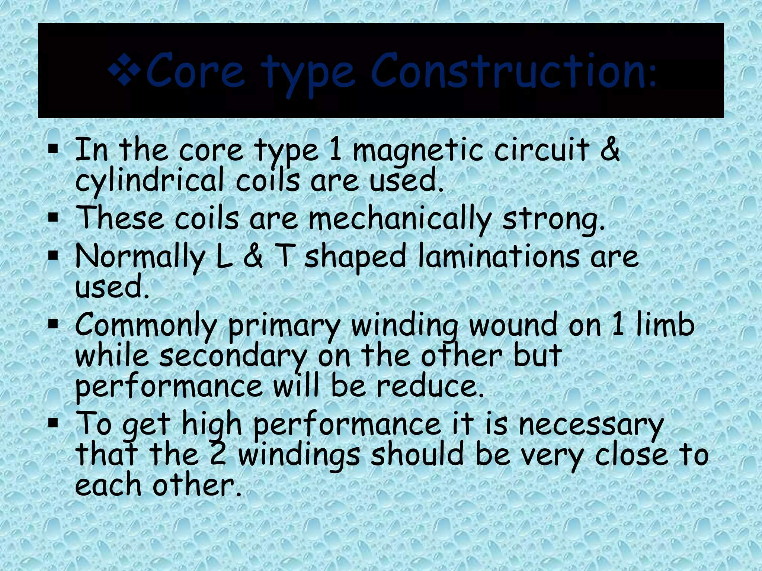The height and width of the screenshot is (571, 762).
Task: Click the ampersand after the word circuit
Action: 609,149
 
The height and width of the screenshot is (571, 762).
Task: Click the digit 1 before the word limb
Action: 618,324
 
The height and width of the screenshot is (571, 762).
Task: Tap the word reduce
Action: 430,387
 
